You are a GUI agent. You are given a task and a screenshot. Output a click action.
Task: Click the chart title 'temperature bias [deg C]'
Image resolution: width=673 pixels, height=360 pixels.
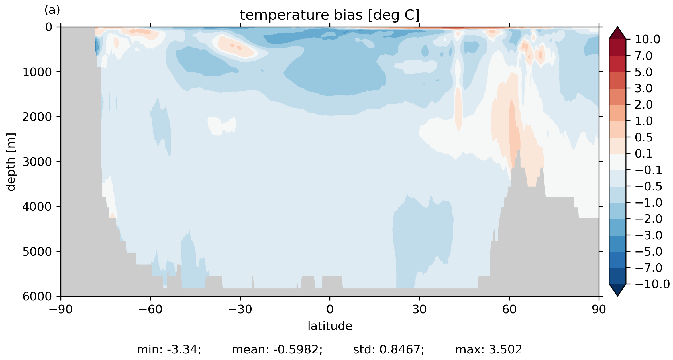click(x=330, y=15)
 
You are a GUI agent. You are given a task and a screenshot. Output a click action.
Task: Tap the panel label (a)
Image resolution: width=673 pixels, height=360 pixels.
click(x=52, y=10)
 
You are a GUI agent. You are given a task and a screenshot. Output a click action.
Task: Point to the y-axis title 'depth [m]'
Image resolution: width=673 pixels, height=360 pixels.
click(x=11, y=162)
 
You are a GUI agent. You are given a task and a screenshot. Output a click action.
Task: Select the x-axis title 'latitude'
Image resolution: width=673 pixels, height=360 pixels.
click(x=330, y=326)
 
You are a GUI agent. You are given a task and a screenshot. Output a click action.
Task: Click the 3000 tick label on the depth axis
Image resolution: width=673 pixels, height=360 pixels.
click(x=37, y=162)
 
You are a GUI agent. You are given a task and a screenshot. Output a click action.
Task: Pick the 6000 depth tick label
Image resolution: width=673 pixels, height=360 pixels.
click(x=37, y=297)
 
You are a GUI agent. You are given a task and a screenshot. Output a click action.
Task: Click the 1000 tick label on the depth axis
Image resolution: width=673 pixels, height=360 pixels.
click(x=37, y=72)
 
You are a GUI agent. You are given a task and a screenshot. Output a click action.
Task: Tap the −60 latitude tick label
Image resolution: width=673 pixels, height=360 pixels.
click(x=150, y=310)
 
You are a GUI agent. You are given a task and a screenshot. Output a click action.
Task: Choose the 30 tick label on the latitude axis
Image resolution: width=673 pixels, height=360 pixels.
click(x=419, y=310)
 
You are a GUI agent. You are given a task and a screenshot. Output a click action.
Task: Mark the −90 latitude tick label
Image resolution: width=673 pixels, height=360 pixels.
click(x=60, y=310)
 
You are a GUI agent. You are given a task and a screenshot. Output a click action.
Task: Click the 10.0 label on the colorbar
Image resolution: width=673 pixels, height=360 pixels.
click(x=647, y=40)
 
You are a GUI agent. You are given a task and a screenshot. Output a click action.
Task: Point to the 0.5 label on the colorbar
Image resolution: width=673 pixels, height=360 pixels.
click(x=644, y=138)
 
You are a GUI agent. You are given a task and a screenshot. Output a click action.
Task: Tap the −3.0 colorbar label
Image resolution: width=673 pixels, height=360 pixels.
click(x=649, y=236)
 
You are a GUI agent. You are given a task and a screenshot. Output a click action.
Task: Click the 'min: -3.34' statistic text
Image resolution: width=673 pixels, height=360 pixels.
click(x=169, y=350)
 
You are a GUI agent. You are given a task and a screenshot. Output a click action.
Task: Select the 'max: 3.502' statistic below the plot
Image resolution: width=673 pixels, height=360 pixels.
click(x=488, y=350)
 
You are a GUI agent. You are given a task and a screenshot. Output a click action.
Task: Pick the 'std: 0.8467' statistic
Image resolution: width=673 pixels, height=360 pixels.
click(x=389, y=350)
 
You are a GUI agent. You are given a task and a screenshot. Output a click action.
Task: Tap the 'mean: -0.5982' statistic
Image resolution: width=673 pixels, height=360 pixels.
click(x=277, y=350)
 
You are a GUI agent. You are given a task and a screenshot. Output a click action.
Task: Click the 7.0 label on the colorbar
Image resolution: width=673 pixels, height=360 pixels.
click(x=644, y=56)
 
